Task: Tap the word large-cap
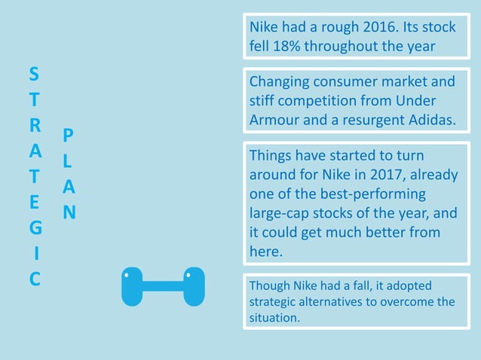(x=280, y=213)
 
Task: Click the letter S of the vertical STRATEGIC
(x=34, y=75)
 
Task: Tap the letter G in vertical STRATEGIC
(x=35, y=227)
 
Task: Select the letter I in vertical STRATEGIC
(x=35, y=252)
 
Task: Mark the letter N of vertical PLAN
(x=69, y=212)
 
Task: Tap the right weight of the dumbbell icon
(x=194, y=286)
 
